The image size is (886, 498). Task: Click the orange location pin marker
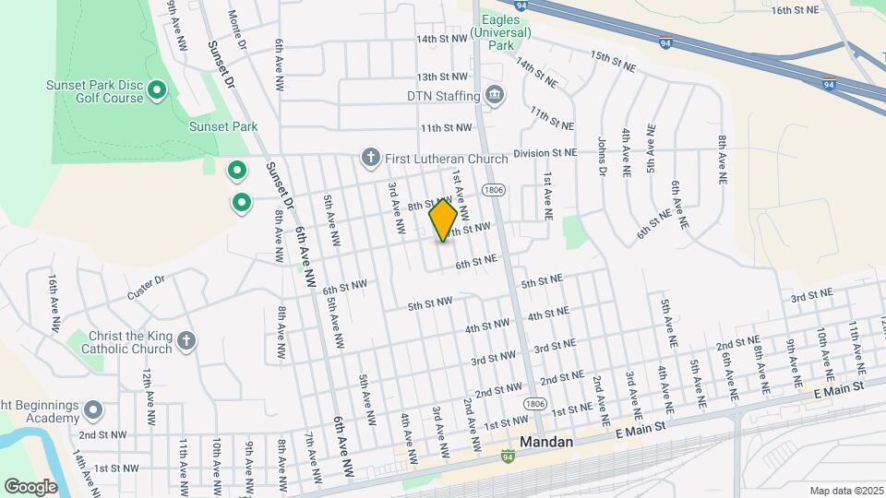point(443,219)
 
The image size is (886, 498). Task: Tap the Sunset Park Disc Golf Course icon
point(157,90)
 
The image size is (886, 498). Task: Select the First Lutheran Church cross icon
point(371,159)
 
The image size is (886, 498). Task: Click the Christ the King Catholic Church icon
point(186,342)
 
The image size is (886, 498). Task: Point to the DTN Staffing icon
point(495,96)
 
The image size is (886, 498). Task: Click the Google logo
point(30,486)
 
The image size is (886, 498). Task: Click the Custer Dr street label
point(145,286)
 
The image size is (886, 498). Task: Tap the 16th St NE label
point(796,10)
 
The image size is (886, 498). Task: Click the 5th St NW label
point(430,302)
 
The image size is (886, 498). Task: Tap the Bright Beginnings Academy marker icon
point(93,409)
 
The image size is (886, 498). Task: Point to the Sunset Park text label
point(223,126)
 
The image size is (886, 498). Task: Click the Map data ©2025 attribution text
point(846,491)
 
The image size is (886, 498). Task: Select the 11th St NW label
point(446,128)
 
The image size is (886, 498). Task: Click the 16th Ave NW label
point(54,302)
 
